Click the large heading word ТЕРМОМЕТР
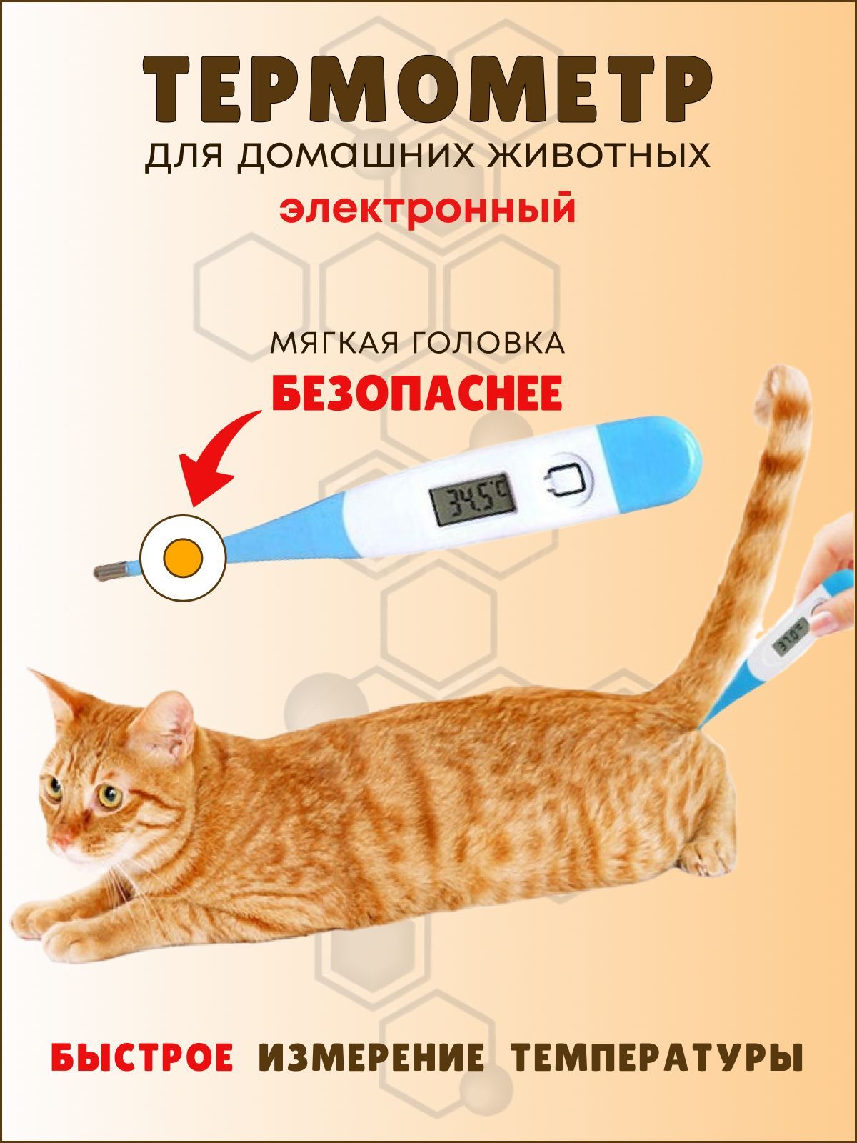[x=427, y=91]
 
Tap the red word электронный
[x=427, y=209]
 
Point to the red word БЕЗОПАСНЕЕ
[x=417, y=394]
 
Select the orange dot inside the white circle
[x=183, y=558]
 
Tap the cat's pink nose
[x=62, y=837]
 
